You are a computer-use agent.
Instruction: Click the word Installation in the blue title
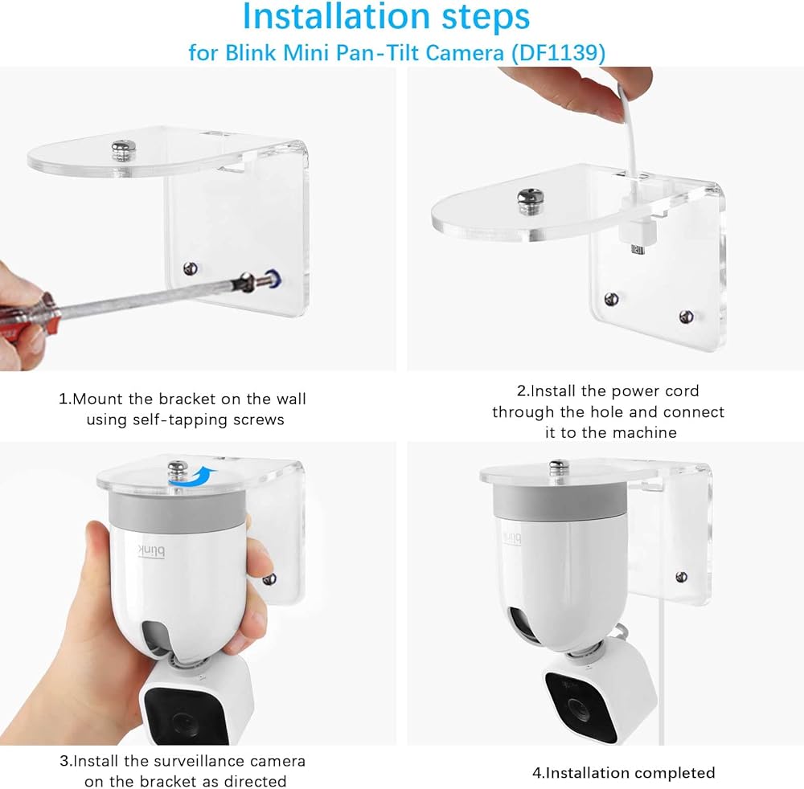(336, 16)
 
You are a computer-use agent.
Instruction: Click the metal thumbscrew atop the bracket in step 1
(121, 150)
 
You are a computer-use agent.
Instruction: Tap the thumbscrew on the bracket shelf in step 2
(531, 201)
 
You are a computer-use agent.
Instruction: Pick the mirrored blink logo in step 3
(151, 550)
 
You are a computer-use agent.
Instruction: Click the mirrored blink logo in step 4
(511, 538)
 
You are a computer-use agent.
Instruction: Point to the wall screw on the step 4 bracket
(682, 577)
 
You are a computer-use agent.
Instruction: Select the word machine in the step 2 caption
(645, 432)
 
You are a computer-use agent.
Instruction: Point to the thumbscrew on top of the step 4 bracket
(557, 468)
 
